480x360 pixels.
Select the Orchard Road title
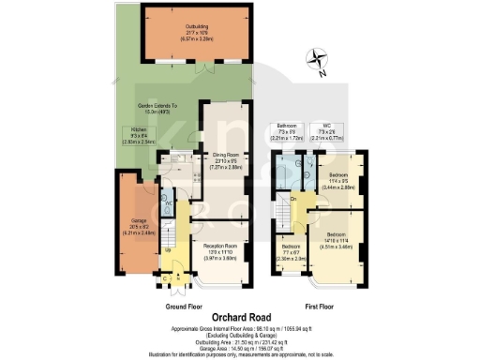click(240, 316)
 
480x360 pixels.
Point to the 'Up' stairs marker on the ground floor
click(169, 251)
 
